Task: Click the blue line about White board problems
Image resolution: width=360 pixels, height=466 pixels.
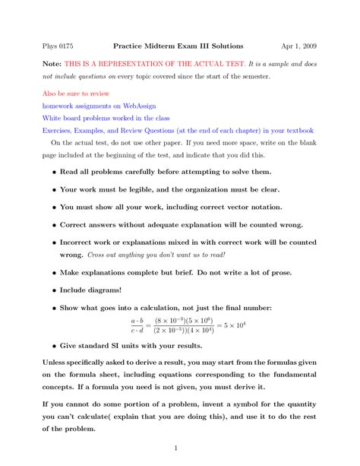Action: (106, 119)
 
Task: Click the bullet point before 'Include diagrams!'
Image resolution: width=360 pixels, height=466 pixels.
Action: (53, 290)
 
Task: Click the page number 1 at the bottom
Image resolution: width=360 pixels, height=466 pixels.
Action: (175, 449)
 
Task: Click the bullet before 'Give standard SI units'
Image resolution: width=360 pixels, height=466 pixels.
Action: (53, 344)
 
